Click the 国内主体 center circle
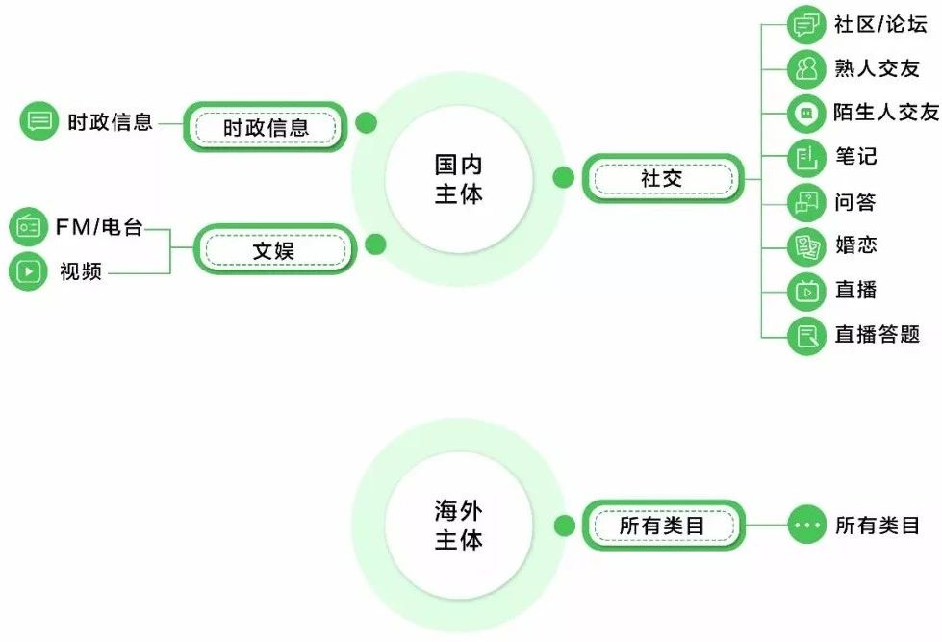[x=458, y=180]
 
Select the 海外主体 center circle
[x=458, y=526]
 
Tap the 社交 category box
[x=662, y=178]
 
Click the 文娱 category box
[x=274, y=250]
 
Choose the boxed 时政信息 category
[x=266, y=127]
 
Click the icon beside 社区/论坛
[x=806, y=25]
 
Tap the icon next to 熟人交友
[x=806, y=69]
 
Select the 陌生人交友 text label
[x=886, y=113]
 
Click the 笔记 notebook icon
[x=806, y=157]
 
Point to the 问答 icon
[x=806, y=202]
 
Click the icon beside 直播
[x=806, y=290]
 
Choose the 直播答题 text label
[x=877, y=334]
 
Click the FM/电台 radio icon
[x=28, y=228]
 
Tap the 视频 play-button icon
[x=28, y=272]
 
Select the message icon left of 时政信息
[x=39, y=121]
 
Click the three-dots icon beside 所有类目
[x=806, y=526]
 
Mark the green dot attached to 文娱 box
[x=376, y=244]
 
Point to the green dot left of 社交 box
[x=564, y=177]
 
